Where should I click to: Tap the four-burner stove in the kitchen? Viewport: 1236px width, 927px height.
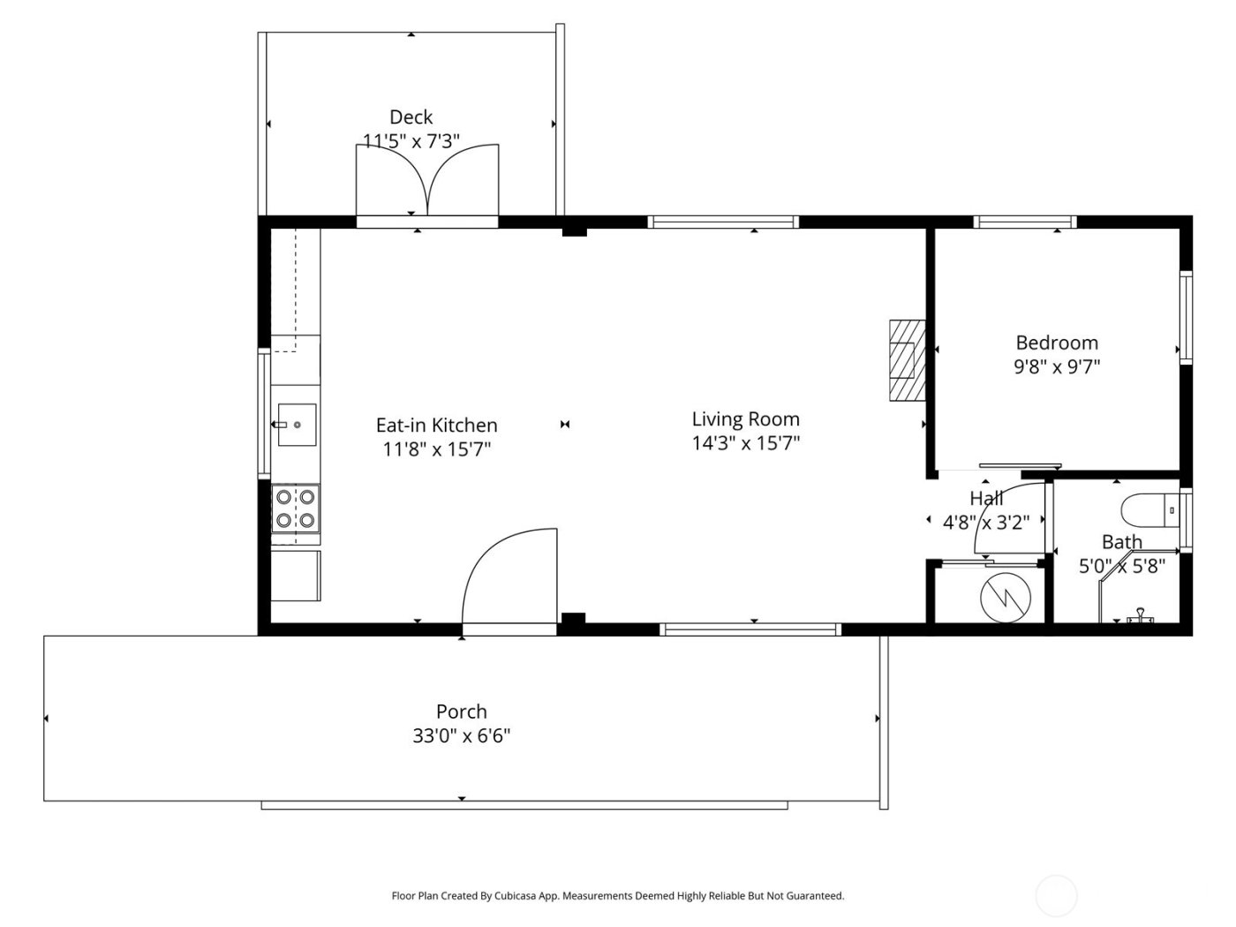point(296,509)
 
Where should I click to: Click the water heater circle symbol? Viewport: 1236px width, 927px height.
point(1006,597)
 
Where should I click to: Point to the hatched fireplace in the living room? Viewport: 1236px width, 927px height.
point(905,359)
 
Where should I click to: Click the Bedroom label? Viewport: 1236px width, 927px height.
point(1056,343)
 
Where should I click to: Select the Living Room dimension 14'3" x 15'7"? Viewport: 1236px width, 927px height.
point(745,443)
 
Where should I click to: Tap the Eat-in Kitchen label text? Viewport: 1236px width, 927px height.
point(436,426)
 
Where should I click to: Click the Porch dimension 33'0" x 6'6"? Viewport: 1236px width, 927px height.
point(461,735)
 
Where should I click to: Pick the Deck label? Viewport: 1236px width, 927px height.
point(411,117)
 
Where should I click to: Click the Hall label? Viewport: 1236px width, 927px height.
point(986,498)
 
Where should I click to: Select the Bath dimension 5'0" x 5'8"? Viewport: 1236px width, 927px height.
point(1122,566)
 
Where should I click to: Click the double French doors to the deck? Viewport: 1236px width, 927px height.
point(427,181)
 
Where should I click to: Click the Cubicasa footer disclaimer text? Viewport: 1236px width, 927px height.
point(617,895)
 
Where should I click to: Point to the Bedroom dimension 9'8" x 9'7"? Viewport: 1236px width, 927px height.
point(1056,366)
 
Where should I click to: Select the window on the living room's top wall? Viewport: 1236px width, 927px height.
point(723,222)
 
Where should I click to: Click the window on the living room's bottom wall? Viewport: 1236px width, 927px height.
point(750,629)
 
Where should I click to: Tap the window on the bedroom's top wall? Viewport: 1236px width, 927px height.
point(1024,222)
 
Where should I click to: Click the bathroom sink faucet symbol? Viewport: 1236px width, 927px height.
point(1141,615)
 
